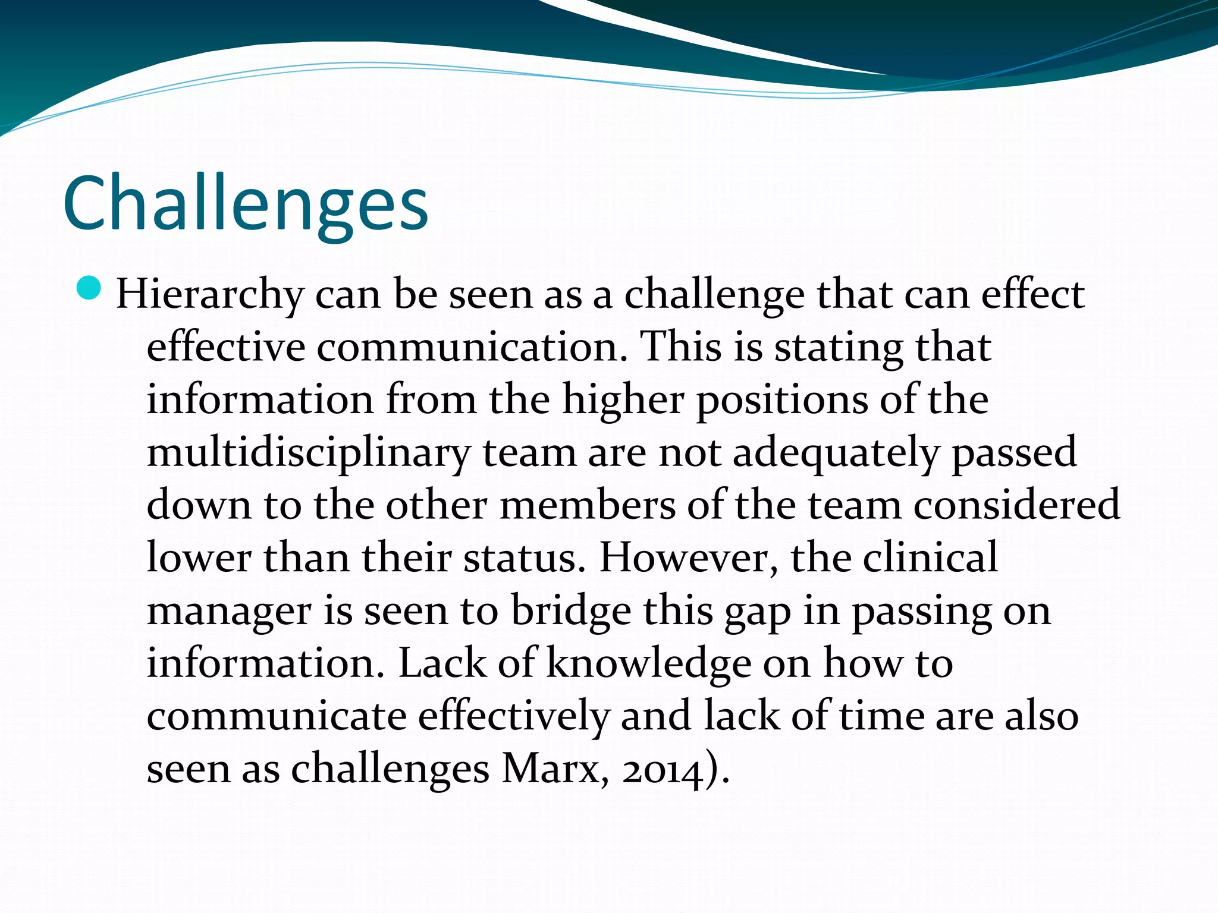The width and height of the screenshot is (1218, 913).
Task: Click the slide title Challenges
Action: (245, 203)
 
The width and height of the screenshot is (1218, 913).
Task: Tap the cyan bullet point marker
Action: (89, 288)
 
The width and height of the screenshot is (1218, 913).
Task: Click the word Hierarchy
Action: (209, 295)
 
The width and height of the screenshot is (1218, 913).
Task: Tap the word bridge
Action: (571, 611)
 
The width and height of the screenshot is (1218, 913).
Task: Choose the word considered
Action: (1016, 505)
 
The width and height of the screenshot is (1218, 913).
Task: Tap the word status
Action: (520, 559)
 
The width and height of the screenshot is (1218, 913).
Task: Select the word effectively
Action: (514, 716)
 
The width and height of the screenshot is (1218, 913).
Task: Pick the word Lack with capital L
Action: (442, 663)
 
